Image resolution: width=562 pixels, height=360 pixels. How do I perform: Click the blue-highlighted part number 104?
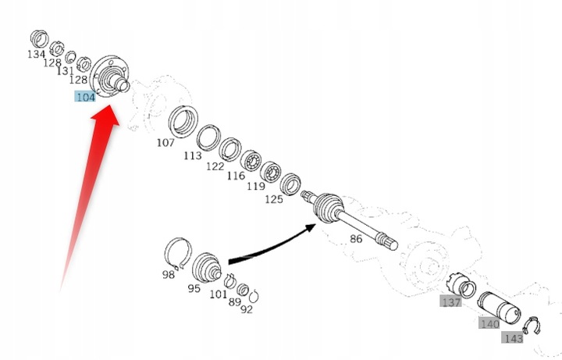[x=85, y=97]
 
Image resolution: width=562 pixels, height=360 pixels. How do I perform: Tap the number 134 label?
[x=36, y=55]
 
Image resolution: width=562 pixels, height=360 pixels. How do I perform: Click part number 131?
[x=66, y=71]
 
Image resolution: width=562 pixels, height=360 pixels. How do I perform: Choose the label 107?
[x=165, y=143]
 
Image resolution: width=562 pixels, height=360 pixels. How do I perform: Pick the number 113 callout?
[x=192, y=155]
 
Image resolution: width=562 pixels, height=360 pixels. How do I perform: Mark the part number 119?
[x=254, y=187]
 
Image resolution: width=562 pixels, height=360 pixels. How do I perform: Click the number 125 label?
[x=273, y=200]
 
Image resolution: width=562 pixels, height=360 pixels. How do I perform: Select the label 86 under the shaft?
[x=356, y=238]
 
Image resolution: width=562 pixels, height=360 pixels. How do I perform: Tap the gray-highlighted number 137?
[x=451, y=302]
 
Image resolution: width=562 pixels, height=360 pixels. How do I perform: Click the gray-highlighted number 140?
[x=489, y=323]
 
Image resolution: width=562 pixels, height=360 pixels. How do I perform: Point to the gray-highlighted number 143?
[x=513, y=338]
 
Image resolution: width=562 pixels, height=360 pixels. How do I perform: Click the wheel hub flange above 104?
[x=108, y=73]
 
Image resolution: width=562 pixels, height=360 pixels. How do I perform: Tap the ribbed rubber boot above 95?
[x=208, y=266]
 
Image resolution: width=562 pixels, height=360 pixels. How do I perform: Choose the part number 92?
[x=247, y=308]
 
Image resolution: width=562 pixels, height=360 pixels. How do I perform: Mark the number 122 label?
[x=215, y=166]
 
